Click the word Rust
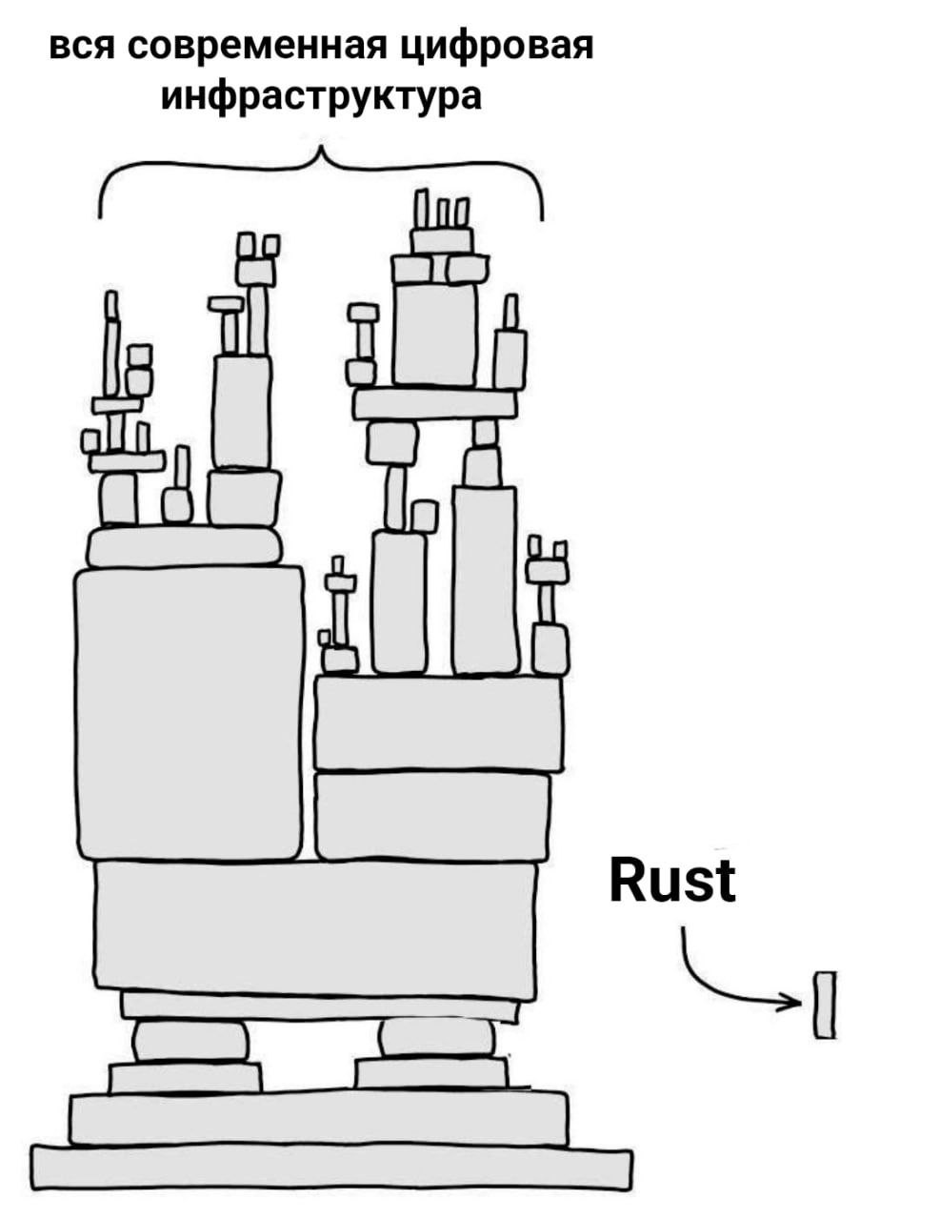point(671,881)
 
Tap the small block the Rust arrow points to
point(825,1005)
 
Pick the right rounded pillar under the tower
point(437,1038)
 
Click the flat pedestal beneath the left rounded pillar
point(185,1078)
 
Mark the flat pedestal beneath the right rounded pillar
point(430,1073)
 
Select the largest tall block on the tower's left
point(190,713)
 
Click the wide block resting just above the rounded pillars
point(315,925)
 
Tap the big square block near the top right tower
point(435,333)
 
